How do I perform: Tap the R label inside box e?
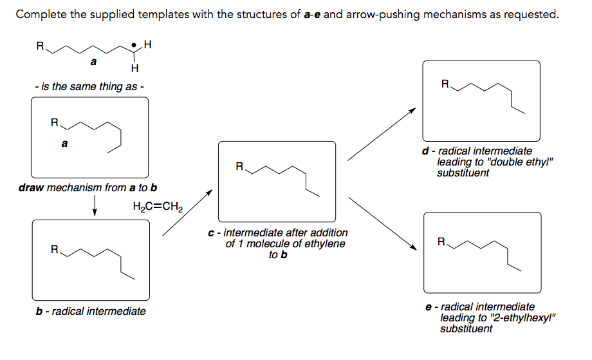[x=441, y=243]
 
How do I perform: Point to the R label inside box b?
[x=55, y=249]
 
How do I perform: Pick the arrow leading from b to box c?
[x=187, y=213]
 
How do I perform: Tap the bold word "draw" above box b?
[x=32, y=188]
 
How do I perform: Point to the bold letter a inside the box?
[x=64, y=144]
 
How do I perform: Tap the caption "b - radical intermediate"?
[x=91, y=311]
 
